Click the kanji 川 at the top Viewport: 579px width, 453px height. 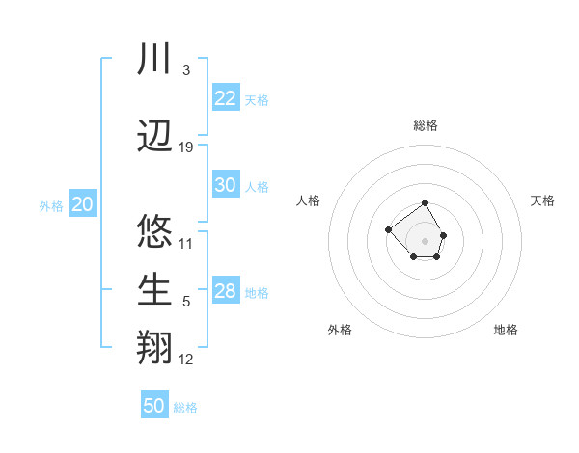pos(154,61)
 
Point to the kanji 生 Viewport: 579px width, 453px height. pos(154,289)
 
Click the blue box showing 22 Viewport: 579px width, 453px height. pos(226,98)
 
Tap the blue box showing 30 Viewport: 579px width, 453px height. pos(226,185)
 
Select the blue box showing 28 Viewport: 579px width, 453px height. pos(226,291)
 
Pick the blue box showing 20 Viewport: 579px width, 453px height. pos(83,204)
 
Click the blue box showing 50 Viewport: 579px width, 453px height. pos(154,406)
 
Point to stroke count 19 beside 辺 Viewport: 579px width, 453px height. pos(186,147)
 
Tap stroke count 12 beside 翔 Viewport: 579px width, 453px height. pos(186,360)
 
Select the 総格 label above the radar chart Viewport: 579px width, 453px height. pos(426,125)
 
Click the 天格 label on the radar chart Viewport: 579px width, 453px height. pos(542,200)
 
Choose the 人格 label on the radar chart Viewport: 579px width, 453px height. pos(309,200)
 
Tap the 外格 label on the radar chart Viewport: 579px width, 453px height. pos(340,330)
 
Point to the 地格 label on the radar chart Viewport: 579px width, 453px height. pos(506,330)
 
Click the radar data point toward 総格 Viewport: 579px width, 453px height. pos(426,204)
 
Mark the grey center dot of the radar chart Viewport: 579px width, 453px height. pos(426,240)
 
